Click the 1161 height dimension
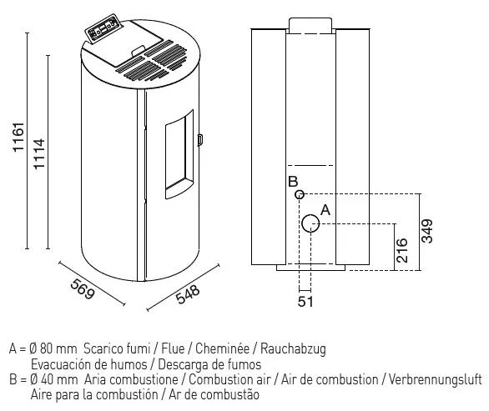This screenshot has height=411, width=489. [x=18, y=138]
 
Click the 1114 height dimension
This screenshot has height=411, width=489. [x=39, y=154]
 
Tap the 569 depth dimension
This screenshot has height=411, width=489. [x=82, y=288]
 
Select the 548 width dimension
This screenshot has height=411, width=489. [x=188, y=294]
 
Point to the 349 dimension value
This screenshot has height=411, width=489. [x=427, y=231]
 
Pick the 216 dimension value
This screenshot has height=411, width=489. [x=401, y=251]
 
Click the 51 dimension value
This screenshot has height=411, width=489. [x=305, y=301]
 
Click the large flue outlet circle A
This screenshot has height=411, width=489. [x=310, y=223]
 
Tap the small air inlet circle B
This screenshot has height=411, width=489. [x=300, y=194]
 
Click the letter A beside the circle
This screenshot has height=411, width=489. [x=325, y=210]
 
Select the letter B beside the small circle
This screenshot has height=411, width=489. [x=293, y=182]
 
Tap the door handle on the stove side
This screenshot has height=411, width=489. [x=200, y=139]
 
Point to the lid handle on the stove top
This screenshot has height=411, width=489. [x=139, y=51]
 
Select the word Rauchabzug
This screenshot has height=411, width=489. [x=293, y=348]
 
